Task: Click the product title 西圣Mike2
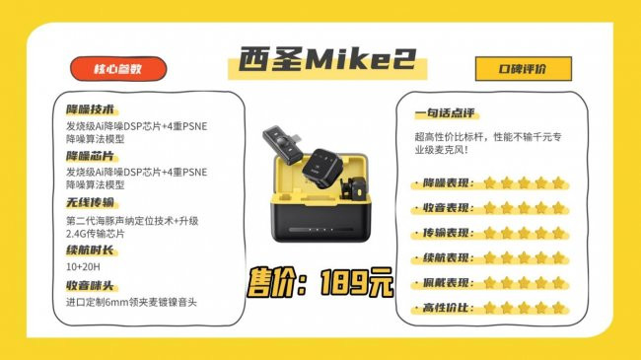327,60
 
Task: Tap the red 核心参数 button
118,69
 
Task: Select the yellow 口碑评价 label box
524,69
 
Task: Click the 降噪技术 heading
91,109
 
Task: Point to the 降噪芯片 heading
91,156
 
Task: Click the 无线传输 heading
91,202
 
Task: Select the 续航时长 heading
91,250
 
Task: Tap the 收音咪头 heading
91,286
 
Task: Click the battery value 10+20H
83,267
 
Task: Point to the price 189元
357,282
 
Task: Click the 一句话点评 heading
445,112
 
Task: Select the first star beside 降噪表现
489,182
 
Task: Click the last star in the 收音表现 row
558,208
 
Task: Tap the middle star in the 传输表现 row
524,233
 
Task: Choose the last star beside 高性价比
558,308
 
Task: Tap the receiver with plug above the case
282,144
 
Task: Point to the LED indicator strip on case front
320,230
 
